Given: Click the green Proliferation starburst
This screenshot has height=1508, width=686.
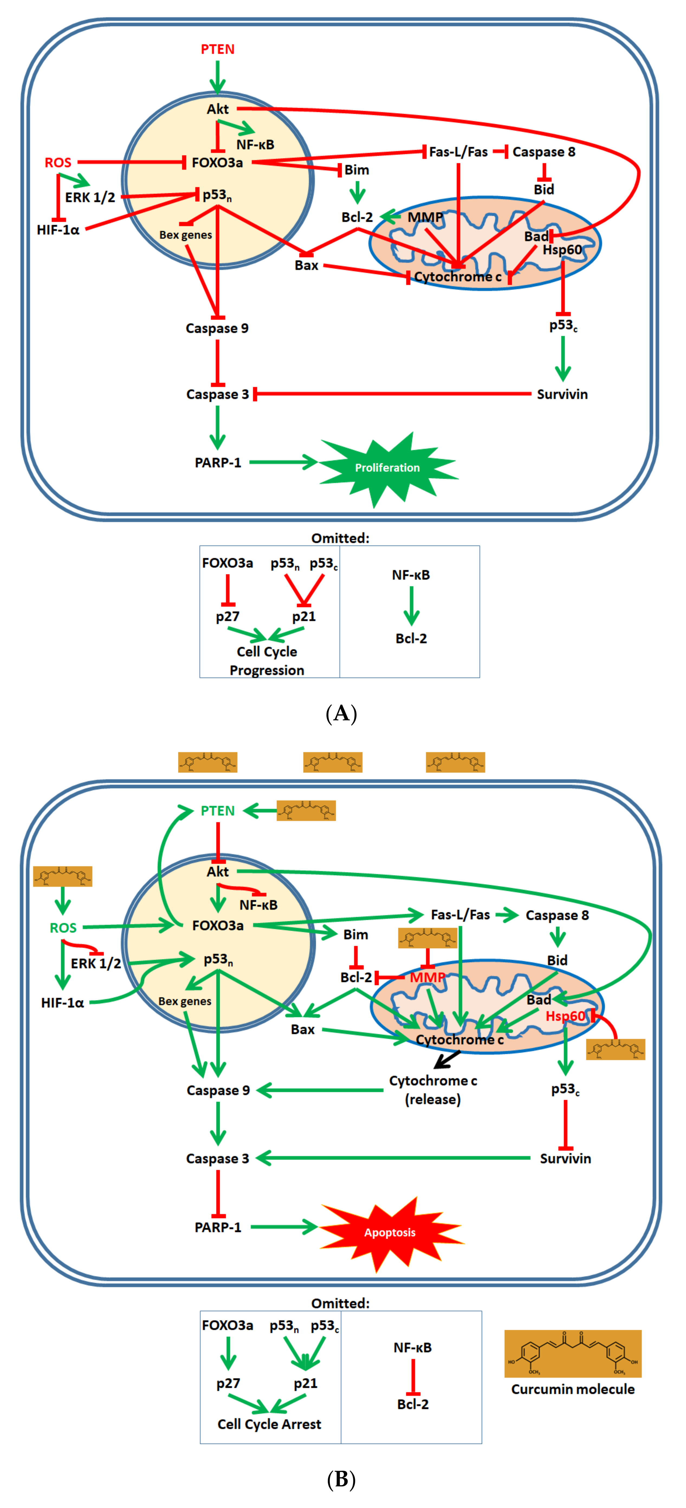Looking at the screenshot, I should point(387,468).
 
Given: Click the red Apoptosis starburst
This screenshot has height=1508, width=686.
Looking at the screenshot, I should point(390,1232).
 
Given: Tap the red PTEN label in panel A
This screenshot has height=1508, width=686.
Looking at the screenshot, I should point(217,49).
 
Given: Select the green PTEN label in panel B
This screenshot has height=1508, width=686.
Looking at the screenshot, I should point(217,811).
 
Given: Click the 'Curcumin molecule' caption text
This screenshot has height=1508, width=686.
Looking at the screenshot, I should point(572,1389).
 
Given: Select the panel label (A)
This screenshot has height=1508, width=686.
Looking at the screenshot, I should point(341,714).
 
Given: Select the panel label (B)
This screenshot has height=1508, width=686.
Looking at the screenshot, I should point(341,1479).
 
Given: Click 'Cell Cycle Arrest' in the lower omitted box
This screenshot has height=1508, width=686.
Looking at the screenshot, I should point(269,1424).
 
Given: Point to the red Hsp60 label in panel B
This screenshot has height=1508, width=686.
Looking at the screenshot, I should point(565,1016).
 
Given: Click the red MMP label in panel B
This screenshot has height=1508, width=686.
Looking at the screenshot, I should point(427,977).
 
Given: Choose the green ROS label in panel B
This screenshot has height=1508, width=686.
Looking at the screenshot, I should point(63,928).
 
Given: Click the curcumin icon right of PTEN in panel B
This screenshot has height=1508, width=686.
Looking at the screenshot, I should point(306,811).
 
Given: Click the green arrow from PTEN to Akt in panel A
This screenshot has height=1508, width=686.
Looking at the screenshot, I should point(217,76).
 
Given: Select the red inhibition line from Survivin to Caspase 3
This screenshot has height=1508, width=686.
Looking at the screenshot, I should point(393,394).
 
